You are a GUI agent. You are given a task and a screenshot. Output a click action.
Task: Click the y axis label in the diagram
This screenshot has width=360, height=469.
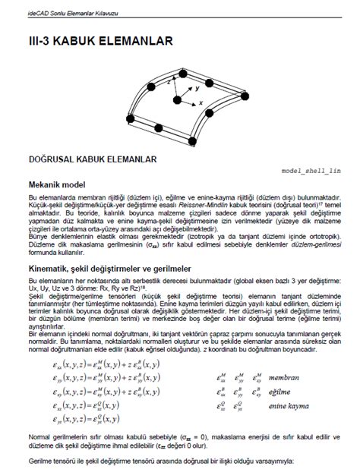(x=197, y=88)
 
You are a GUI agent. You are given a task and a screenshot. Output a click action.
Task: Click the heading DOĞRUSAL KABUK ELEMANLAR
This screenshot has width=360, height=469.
(x=92, y=159)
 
